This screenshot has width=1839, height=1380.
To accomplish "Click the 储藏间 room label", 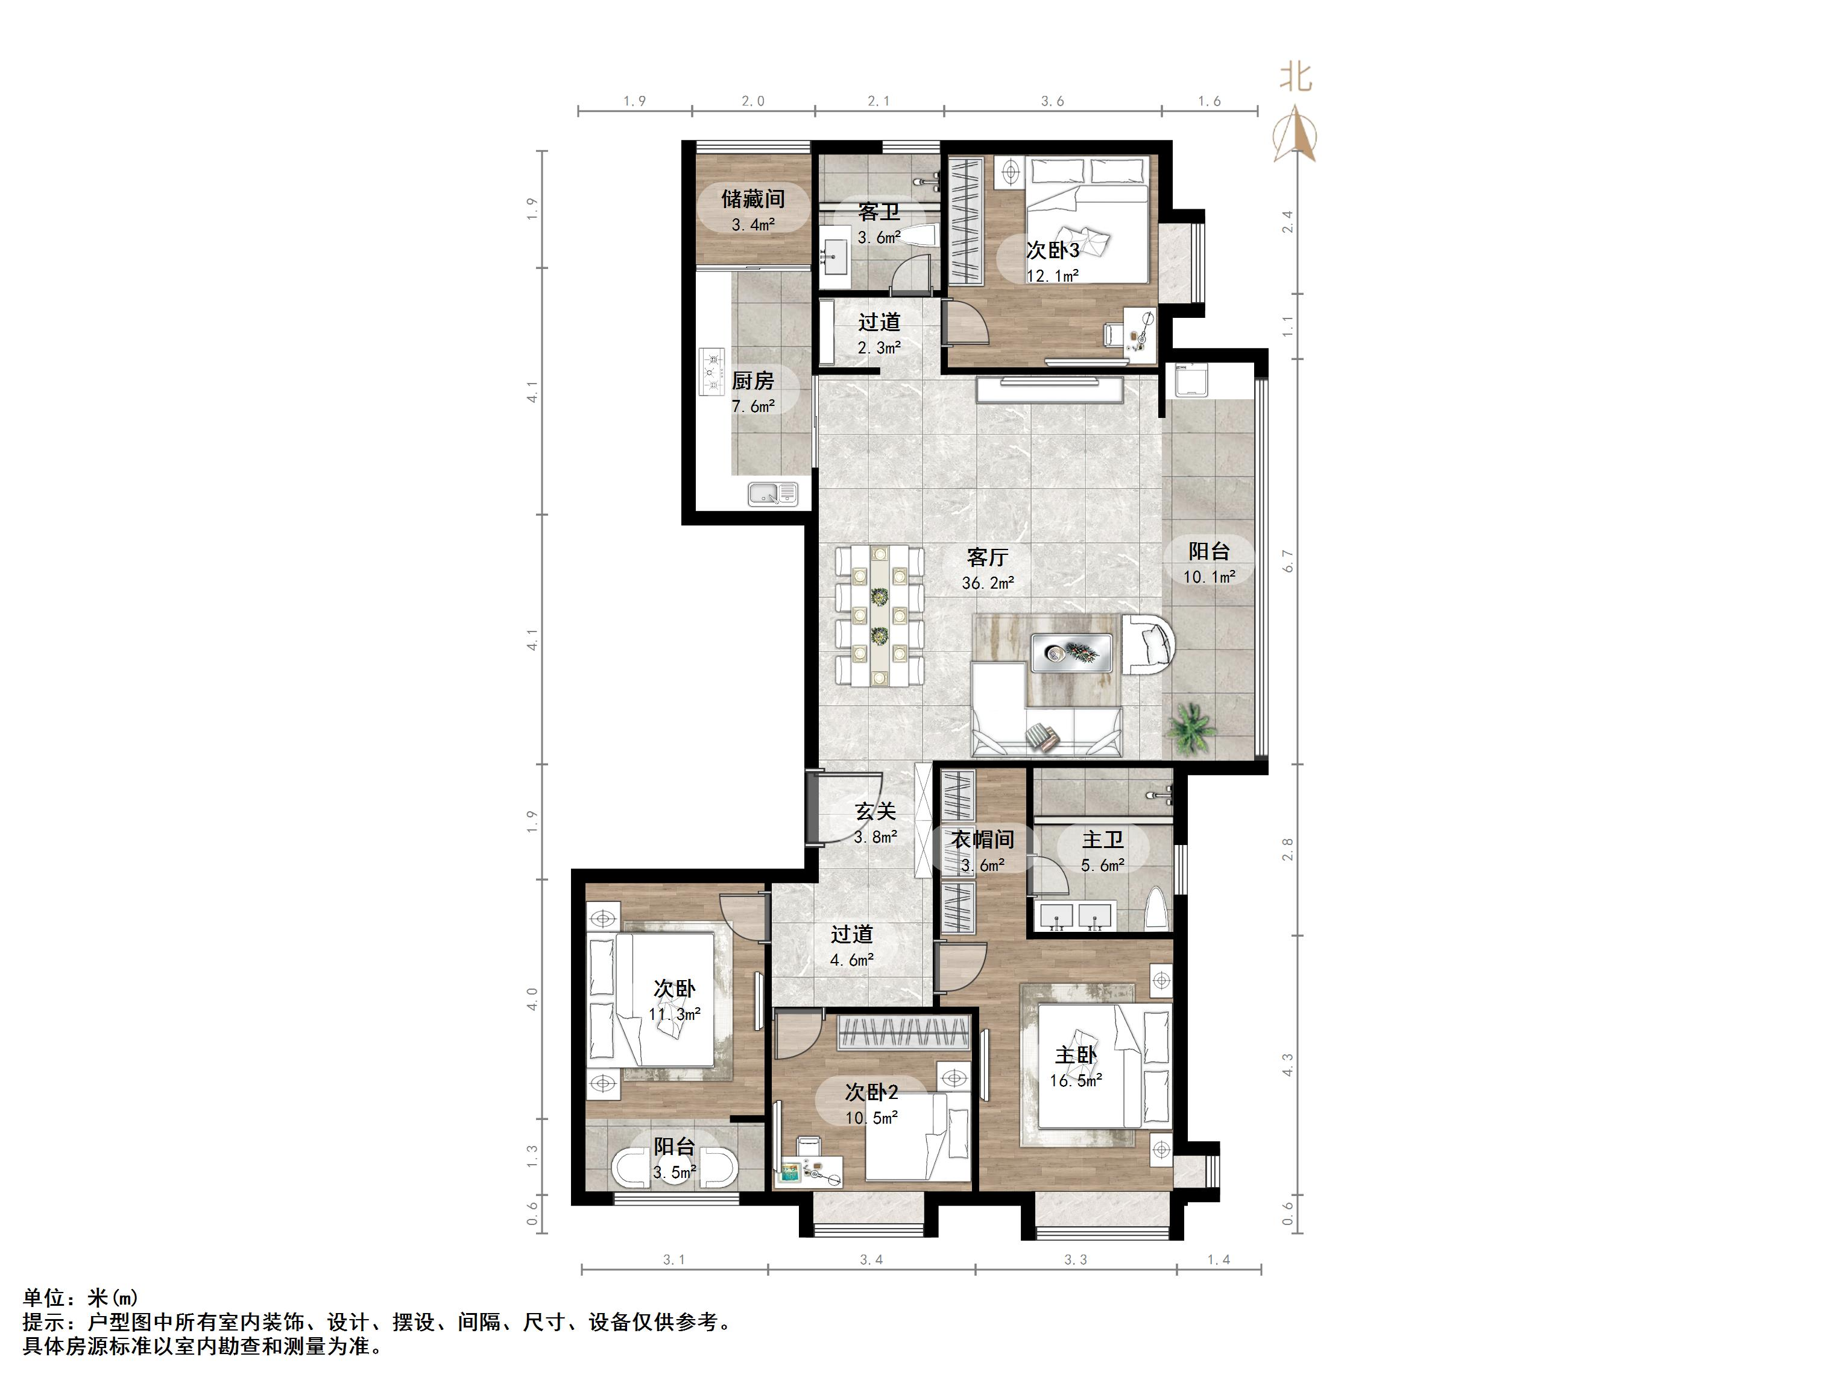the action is click(x=752, y=199).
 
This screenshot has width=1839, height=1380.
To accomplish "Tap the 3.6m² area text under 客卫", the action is click(x=878, y=238).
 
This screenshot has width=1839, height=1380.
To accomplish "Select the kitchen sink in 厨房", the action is click(x=772, y=494).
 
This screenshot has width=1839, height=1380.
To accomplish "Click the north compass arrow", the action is click(x=1295, y=134).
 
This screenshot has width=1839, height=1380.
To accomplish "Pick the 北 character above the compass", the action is click(x=1295, y=77).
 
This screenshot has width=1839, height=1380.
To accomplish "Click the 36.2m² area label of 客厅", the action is click(x=988, y=583).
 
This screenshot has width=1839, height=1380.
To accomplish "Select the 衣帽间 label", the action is click(x=983, y=840).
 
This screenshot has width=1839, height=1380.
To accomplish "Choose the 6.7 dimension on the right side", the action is click(x=1289, y=561).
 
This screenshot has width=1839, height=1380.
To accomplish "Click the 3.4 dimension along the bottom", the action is click(x=871, y=1260).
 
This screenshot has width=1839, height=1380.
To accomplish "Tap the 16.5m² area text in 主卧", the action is click(x=1076, y=1081).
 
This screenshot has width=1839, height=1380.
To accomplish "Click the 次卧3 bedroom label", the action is click(x=1053, y=250).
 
